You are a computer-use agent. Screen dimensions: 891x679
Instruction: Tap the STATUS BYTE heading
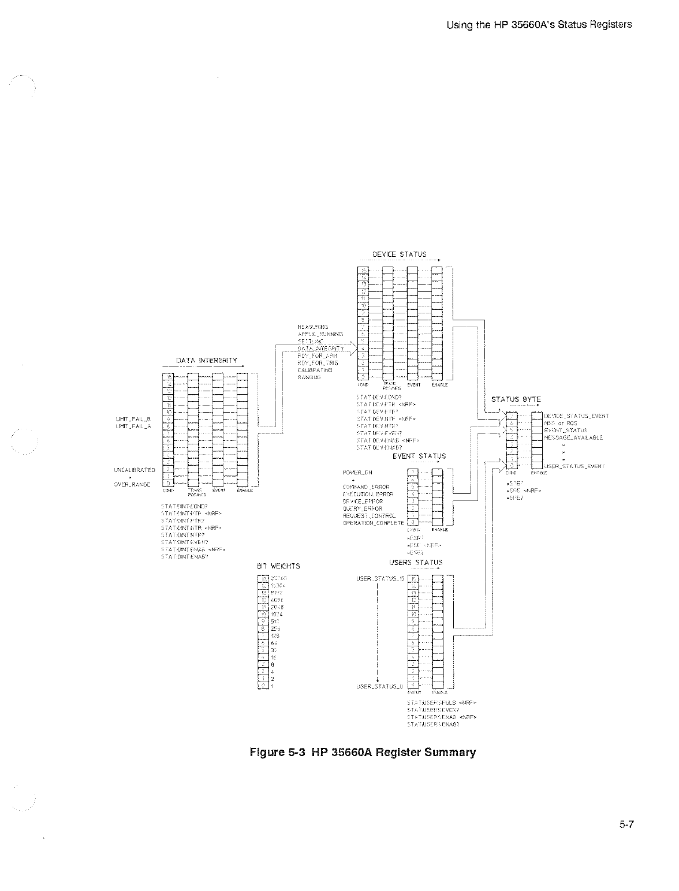[516, 399]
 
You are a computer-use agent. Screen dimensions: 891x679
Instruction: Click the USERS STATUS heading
[416, 563]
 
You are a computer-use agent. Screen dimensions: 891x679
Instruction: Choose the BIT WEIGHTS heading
[278, 566]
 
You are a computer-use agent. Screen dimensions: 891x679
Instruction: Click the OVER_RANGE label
[132, 485]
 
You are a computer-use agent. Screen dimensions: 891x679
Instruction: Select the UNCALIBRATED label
[133, 470]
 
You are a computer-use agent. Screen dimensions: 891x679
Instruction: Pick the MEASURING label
[313, 327]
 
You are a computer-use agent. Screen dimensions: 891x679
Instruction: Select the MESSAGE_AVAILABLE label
[574, 437]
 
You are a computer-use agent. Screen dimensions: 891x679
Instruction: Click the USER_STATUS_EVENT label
[574, 466]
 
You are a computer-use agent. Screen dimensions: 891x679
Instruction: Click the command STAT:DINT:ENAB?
[184, 557]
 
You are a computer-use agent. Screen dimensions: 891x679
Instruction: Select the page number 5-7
[627, 825]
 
